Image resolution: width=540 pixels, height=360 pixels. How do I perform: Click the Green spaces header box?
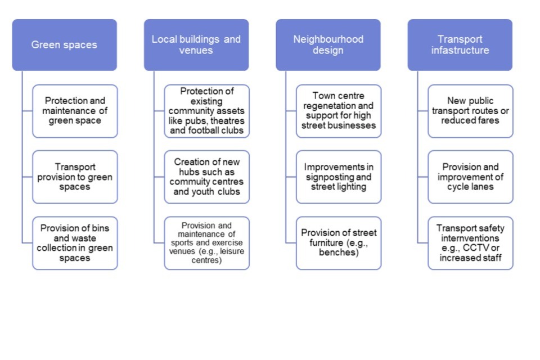coord(64,45)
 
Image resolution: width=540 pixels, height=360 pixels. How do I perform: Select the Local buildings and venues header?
coord(196,45)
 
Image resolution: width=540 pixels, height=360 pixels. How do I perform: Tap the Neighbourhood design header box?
coord(328,45)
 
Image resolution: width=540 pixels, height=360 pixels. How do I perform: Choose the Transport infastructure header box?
coord(460,45)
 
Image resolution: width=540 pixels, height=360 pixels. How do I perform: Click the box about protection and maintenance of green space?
coord(75,111)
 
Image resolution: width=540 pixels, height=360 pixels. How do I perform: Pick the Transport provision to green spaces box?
coord(75,177)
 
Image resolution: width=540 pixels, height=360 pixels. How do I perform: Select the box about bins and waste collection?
coord(75,243)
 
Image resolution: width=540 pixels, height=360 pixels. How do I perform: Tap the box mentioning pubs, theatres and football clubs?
coord(207,111)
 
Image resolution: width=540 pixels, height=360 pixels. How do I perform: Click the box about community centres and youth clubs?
coord(207,177)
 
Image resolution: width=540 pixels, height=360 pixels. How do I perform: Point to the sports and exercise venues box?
coord(207,243)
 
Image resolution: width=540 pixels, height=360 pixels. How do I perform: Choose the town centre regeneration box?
coord(339,111)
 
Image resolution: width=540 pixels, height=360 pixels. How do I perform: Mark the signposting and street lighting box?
coord(339,177)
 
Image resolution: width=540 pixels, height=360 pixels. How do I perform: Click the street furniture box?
coord(339,243)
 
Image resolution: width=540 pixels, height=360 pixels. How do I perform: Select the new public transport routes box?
coord(471,111)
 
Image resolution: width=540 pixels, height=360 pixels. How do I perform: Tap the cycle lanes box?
coord(471,177)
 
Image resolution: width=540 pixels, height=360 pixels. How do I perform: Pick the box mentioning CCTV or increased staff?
coord(471,243)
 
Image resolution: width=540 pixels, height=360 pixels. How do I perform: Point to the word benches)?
coord(339,253)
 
